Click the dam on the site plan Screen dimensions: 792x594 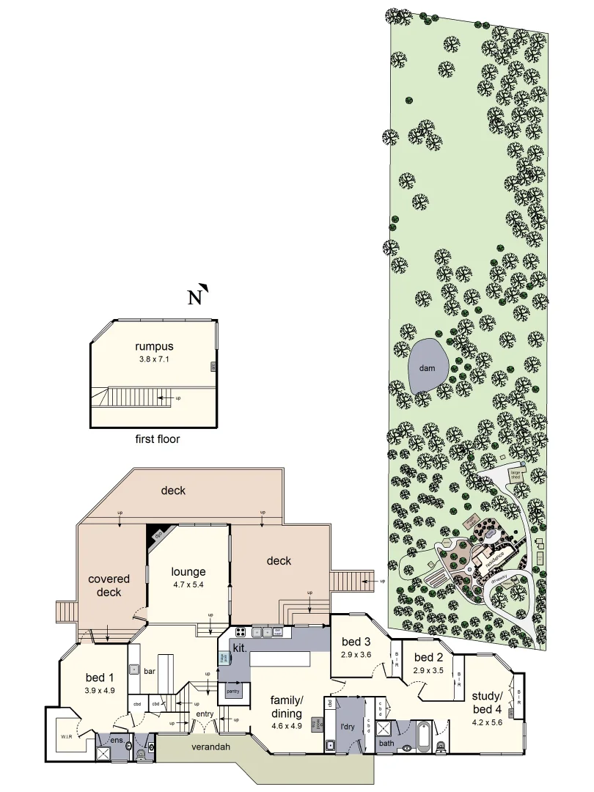pos(422,367)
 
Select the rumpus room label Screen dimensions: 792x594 pos(153,346)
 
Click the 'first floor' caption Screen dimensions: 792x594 pos(158,440)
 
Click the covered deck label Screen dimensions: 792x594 pos(109,585)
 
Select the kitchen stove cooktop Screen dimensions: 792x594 pos(240,631)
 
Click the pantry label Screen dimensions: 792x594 pos(233,692)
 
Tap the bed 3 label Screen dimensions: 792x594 pos(356,643)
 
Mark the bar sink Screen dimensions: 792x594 pos(134,669)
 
